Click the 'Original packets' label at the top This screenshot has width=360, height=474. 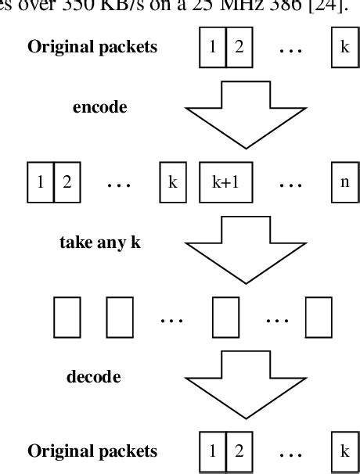tap(92, 46)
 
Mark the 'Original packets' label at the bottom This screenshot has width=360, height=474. tap(92, 451)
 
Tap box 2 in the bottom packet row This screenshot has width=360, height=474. tap(240, 451)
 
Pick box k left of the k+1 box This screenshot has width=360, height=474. tap(172, 181)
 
